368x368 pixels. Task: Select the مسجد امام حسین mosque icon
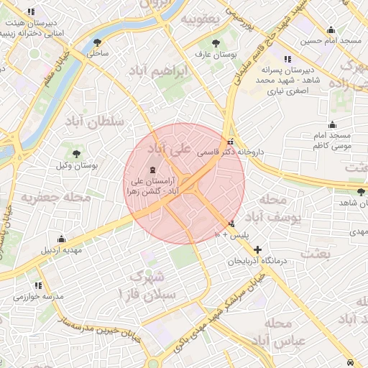click(x=330, y=30)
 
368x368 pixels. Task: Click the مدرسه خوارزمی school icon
click(x=37, y=285)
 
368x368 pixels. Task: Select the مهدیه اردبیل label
click(x=61, y=250)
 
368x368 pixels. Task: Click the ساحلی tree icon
click(x=97, y=42)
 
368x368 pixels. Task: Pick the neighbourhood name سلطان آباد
click(x=94, y=119)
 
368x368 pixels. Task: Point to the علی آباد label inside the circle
click(x=170, y=149)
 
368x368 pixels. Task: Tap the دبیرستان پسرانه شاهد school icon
click(x=287, y=59)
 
